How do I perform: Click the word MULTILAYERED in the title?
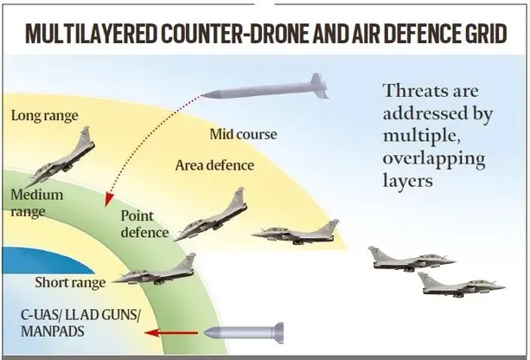92,34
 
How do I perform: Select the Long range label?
45,116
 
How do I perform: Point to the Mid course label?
243,134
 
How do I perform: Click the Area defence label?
214,165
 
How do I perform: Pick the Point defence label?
144,224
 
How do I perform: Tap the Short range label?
70,282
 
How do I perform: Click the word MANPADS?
53,331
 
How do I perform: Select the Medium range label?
37,203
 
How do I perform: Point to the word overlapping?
434,159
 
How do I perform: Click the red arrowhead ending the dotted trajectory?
108,199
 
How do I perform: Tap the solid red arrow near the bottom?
171,333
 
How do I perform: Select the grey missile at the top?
265,87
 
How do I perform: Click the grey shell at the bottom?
244,333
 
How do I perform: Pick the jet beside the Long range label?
61,157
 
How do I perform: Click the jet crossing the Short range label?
155,270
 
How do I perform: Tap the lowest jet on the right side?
462,286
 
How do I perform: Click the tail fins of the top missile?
319,86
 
